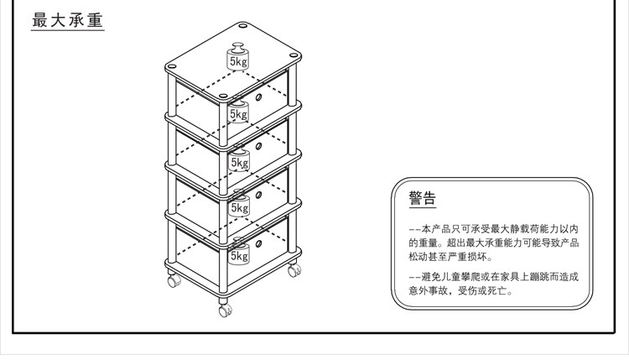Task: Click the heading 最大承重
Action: tap(66, 20)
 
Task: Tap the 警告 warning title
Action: tap(422, 199)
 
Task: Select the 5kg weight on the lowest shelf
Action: tap(239, 254)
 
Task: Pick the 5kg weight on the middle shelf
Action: tap(240, 160)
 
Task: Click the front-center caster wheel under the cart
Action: tap(225, 309)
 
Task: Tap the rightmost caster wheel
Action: tap(293, 271)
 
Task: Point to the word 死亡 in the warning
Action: tap(499, 291)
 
